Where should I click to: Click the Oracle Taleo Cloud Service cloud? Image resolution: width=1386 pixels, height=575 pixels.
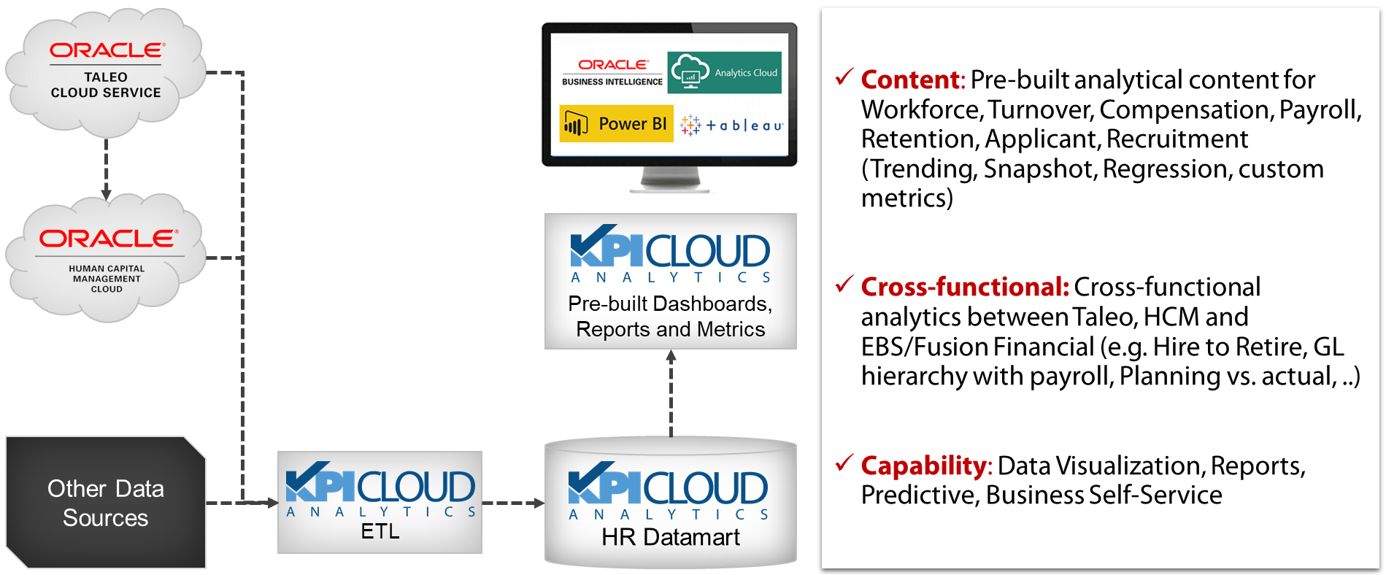[106, 73]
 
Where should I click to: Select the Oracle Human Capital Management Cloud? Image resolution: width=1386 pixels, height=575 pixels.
[106, 259]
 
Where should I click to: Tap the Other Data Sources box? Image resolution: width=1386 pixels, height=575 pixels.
[106, 503]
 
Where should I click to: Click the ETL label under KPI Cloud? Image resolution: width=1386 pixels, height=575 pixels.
[380, 531]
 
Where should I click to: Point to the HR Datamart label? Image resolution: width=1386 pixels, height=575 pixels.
[670, 537]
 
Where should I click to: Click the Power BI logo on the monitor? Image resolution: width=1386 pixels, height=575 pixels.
[616, 124]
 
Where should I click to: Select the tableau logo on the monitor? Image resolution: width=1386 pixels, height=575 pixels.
[731, 126]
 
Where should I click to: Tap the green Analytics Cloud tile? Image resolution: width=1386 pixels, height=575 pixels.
[724, 72]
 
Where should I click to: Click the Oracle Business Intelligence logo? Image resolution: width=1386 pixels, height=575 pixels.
[612, 72]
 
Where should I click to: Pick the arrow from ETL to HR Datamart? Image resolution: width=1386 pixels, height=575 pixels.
[513, 503]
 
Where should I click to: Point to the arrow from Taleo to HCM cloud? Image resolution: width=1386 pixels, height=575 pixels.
[107, 168]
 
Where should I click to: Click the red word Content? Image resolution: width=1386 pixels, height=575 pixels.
[910, 80]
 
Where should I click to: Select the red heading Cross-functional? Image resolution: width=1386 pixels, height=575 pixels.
[964, 287]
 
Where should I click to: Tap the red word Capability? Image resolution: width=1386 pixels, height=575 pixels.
[923, 466]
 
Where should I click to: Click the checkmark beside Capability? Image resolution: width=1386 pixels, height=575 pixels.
[844, 462]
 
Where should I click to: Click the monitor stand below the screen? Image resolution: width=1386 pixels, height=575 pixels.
[670, 180]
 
